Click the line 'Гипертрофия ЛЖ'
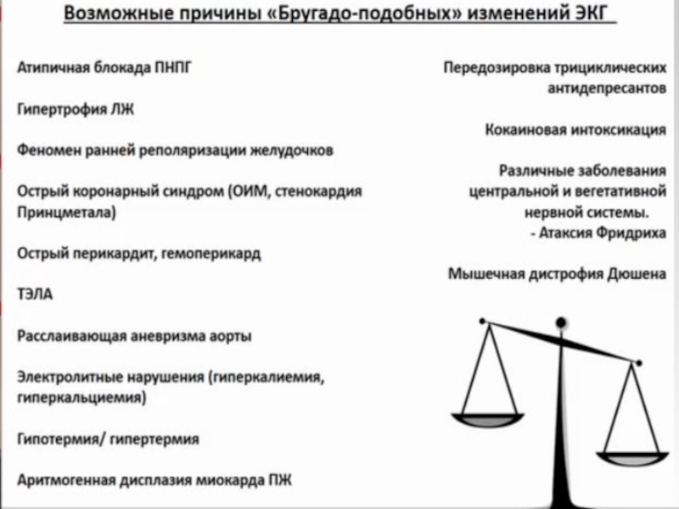pos(76,109)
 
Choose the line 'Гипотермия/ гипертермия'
pos(108,439)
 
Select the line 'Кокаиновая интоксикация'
pos(575,130)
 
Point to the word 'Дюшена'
pos(637,274)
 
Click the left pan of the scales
pos(485,418)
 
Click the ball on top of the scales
pos(560,322)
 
